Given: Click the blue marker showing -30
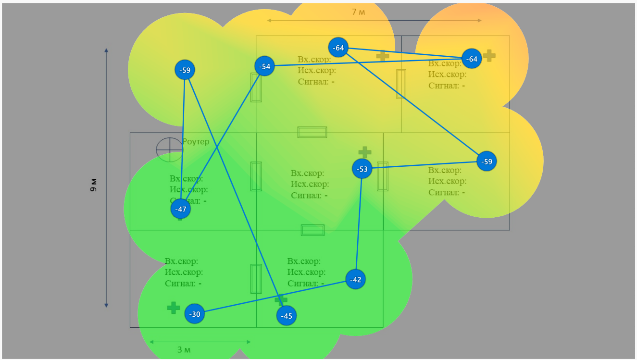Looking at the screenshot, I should [195, 314].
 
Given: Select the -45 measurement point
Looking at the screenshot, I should [287, 316].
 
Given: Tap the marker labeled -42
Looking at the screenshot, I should [355, 279].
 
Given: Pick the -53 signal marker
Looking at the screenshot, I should [362, 169].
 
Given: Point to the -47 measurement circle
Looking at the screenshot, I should [181, 209].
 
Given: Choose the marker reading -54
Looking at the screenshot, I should [264, 66].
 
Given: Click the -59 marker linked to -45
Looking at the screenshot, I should [185, 70].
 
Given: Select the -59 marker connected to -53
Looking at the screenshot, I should [487, 161].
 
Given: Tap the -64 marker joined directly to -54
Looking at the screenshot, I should [472, 59].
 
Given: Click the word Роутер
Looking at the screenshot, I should [196, 142].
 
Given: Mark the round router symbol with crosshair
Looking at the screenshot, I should [169, 149].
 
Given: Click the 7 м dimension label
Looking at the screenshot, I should [358, 12].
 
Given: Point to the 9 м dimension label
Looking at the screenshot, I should [94, 185].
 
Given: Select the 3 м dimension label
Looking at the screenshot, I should [184, 350].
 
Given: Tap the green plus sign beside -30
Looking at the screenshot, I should [174, 308].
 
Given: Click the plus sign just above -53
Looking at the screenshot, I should [365, 152].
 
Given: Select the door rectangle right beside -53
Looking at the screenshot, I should [383, 176].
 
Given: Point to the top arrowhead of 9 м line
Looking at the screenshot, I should [106, 50].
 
